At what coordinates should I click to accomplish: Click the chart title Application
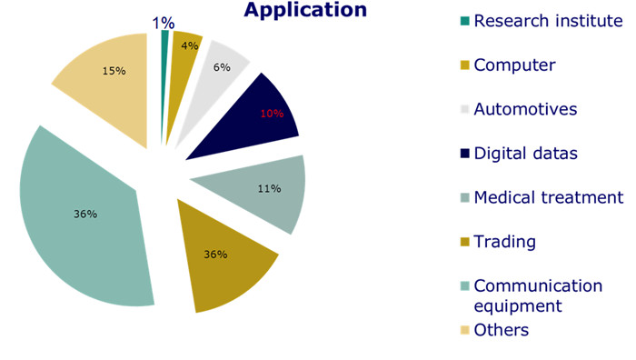pyautogui.click(x=305, y=10)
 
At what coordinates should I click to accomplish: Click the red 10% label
pyautogui.click(x=272, y=114)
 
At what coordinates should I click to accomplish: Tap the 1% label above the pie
pyautogui.click(x=164, y=23)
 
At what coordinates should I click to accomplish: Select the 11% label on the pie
pyautogui.click(x=269, y=189)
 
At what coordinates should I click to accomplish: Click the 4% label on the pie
pyautogui.click(x=189, y=45)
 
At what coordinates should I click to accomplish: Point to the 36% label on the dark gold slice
pyautogui.click(x=215, y=255)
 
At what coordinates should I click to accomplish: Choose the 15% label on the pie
pyautogui.click(x=114, y=71)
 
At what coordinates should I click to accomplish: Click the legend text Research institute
pyautogui.click(x=548, y=21)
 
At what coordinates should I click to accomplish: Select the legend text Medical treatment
pyautogui.click(x=549, y=197)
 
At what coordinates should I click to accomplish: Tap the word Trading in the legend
pyautogui.click(x=504, y=242)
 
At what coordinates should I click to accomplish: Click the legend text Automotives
pyautogui.click(x=525, y=109)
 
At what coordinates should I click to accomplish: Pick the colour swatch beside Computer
pyautogui.click(x=465, y=65)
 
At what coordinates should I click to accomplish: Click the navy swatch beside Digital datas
pyautogui.click(x=465, y=154)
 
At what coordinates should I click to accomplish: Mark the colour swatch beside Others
pyautogui.click(x=465, y=330)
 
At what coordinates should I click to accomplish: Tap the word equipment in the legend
pyautogui.click(x=518, y=306)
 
